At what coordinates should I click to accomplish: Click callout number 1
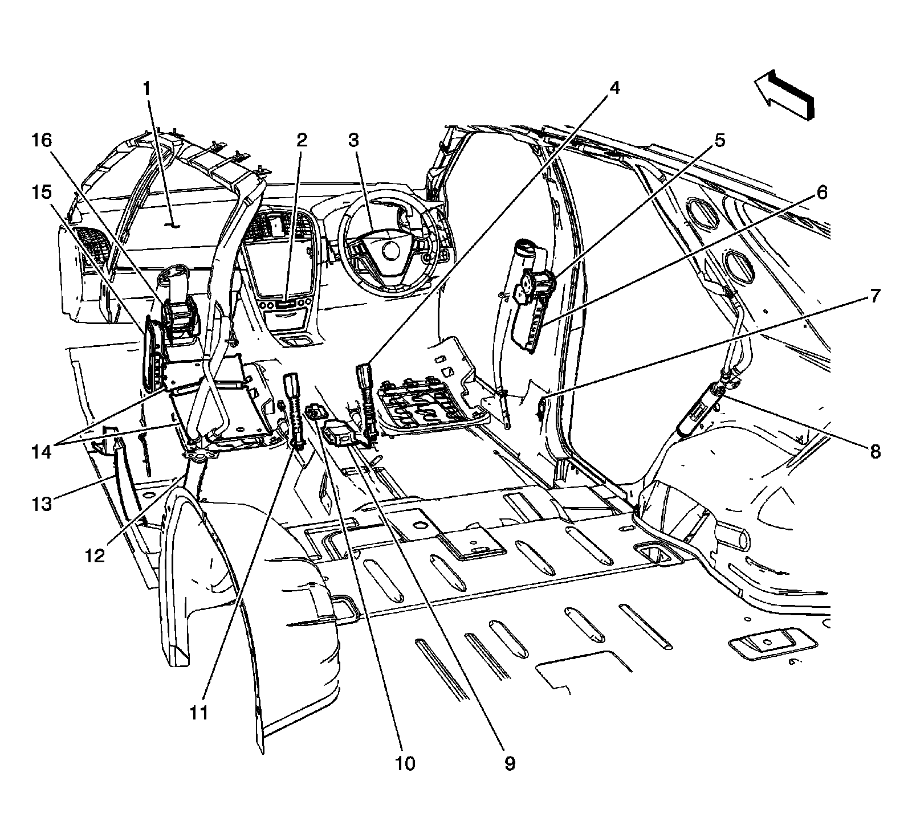(x=147, y=89)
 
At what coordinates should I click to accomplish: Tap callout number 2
(x=301, y=140)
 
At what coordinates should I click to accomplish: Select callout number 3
(x=354, y=140)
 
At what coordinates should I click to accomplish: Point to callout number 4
(x=614, y=88)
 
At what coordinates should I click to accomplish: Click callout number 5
(x=720, y=140)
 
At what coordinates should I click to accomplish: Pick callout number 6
(x=821, y=193)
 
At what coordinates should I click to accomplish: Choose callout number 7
(x=875, y=296)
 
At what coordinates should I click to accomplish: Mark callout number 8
(x=875, y=452)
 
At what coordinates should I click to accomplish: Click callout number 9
(x=509, y=763)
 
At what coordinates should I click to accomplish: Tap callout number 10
(x=406, y=763)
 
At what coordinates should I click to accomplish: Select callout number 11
(x=199, y=713)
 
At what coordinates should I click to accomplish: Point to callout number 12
(x=95, y=555)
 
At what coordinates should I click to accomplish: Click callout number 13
(x=42, y=504)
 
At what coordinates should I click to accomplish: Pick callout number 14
(x=42, y=452)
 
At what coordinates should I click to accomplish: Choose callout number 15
(x=42, y=193)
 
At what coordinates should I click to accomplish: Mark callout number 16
(x=42, y=140)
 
